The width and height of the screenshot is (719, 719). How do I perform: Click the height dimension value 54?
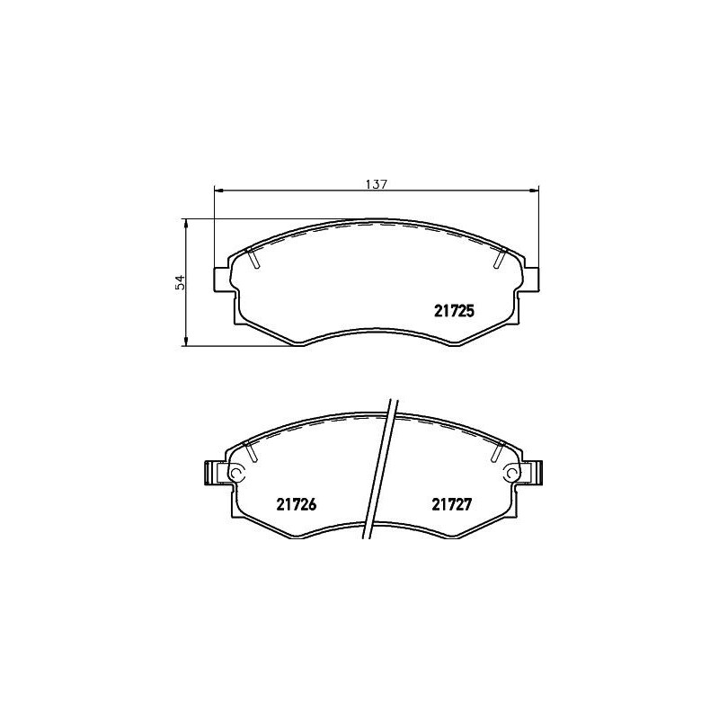pos(180,281)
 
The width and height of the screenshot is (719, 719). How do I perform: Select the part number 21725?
pos(448,309)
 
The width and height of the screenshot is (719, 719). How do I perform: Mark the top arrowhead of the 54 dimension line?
pos(186,221)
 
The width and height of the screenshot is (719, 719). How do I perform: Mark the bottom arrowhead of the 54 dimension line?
pos(186,341)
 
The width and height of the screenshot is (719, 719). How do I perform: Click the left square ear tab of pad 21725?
pos(220,279)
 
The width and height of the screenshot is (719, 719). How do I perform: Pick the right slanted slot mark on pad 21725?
pos(500,258)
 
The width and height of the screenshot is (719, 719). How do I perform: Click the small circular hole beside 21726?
pos(237,473)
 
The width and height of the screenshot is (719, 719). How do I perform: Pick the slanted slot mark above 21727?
pos(498,452)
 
